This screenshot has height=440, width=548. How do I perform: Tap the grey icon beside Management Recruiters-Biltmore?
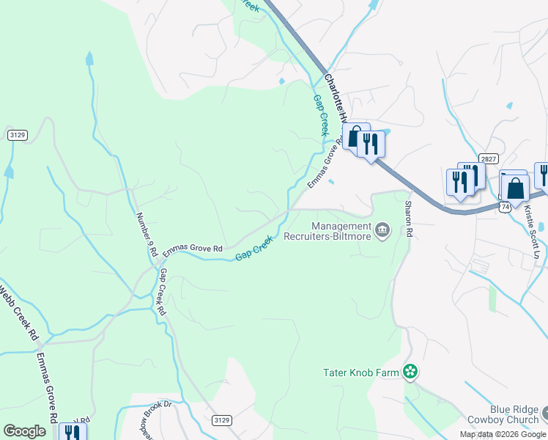pyautogui.click(x=382, y=231)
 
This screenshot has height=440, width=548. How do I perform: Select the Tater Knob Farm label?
pyautogui.click(x=361, y=373)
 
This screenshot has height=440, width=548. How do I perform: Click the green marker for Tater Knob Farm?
pyautogui.click(x=410, y=373)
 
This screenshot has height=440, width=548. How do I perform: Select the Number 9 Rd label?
pyautogui.click(x=147, y=234)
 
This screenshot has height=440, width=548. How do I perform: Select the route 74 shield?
pyautogui.click(x=506, y=208)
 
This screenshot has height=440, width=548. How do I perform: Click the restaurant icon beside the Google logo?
pyautogui.click(x=72, y=433)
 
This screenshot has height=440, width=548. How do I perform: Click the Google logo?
pyautogui.click(x=24, y=431)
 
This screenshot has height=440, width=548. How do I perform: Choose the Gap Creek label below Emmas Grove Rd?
pyautogui.click(x=254, y=249)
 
